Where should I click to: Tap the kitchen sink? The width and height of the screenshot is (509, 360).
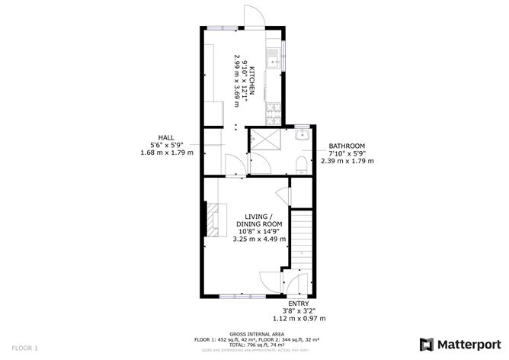[x=271, y=56]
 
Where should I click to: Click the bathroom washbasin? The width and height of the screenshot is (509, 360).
[x=300, y=136]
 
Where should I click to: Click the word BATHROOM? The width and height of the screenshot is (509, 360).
[x=347, y=146]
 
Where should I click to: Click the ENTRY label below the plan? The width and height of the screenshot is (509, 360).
[x=299, y=303]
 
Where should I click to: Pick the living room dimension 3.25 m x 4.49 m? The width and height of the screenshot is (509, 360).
[x=259, y=239]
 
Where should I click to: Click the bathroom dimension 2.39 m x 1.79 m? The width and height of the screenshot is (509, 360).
[x=347, y=161]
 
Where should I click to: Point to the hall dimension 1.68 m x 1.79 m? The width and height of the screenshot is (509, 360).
[x=167, y=153]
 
